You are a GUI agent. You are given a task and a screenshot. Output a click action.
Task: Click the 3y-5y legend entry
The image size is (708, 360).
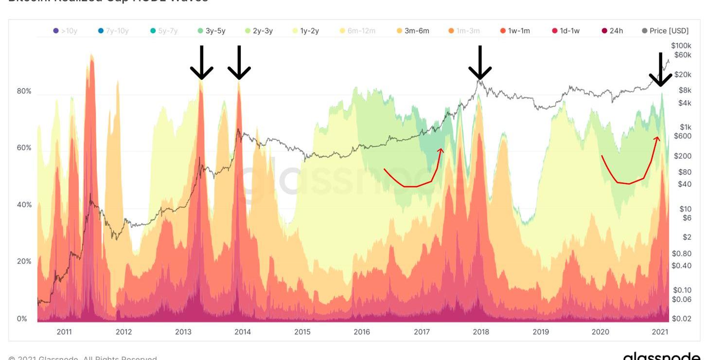pyautogui.click(x=212, y=31)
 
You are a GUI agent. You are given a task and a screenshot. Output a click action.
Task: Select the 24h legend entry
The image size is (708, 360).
pyautogui.click(x=612, y=31)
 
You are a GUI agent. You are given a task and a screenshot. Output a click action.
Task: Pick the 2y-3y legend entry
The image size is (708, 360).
pyautogui.click(x=259, y=31)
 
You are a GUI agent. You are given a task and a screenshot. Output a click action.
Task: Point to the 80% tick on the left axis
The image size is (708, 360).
pyautogui.click(x=24, y=91)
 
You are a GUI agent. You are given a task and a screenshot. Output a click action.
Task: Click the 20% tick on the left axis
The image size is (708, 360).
pyautogui.click(x=24, y=261)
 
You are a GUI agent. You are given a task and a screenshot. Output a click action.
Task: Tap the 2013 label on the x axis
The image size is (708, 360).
pyautogui.click(x=183, y=332)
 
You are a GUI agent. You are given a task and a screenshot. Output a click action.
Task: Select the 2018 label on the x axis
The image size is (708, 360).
pyautogui.click(x=481, y=332)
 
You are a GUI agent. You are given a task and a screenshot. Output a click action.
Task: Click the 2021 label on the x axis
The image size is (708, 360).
pyautogui.click(x=660, y=332)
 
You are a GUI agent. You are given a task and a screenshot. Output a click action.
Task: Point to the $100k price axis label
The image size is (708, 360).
pyautogui.click(x=681, y=45)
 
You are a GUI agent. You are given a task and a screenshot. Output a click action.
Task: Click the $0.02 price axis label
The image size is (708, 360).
pyautogui.click(x=681, y=319)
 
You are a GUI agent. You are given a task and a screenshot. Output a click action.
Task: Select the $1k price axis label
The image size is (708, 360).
pyautogui.click(x=685, y=127)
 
